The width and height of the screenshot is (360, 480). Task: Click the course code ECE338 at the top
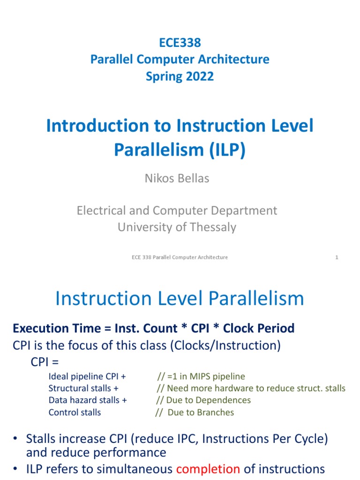pyautogui.click(x=180, y=43)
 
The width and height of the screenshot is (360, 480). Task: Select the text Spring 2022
pyautogui.click(x=180, y=76)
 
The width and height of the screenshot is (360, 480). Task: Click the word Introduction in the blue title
pyautogui.click(x=90, y=126)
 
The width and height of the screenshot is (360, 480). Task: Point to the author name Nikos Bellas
pyautogui.click(x=177, y=178)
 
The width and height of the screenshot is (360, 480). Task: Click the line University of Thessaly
pyautogui.click(x=177, y=227)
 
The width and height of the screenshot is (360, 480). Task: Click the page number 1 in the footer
pyautogui.click(x=337, y=257)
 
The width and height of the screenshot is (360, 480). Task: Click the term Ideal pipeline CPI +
pyautogui.click(x=87, y=376)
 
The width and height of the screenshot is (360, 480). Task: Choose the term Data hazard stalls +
pyautogui.click(x=88, y=400)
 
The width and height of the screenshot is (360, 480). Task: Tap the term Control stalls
pyautogui.click(x=75, y=412)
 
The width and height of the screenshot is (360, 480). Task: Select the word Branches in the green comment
pyautogui.click(x=215, y=412)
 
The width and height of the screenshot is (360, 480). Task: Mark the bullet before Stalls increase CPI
pyautogui.click(x=15, y=439)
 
